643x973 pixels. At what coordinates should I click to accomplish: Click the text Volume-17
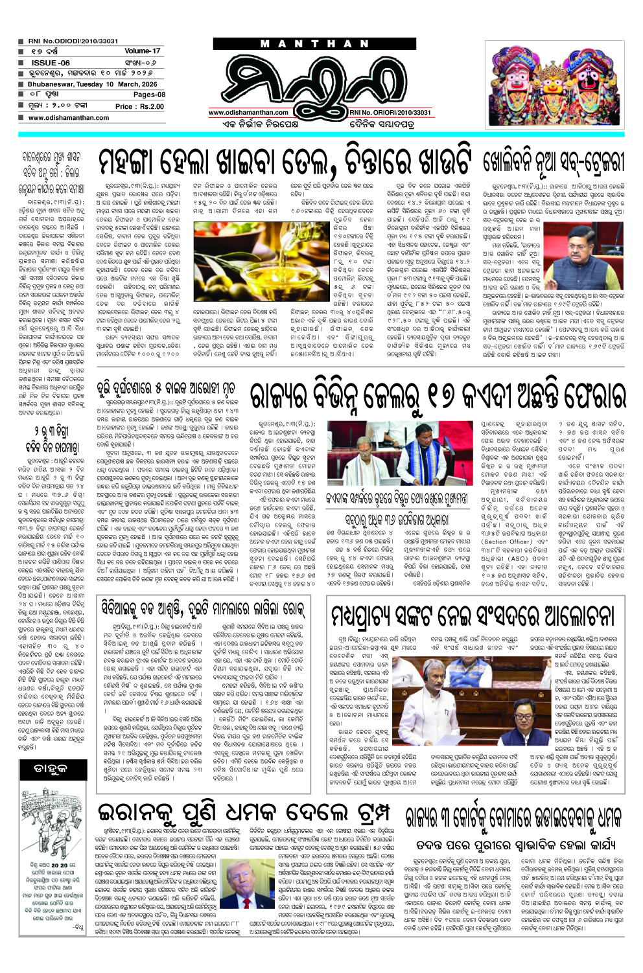coord(142,51)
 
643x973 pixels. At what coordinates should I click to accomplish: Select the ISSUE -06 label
coord(50,62)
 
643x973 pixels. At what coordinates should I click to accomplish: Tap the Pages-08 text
coord(148,95)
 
